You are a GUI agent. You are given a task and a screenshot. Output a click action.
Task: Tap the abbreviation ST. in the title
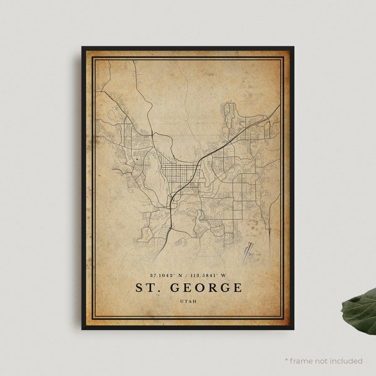point(149,288)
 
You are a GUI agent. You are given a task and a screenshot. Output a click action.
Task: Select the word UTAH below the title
point(188,303)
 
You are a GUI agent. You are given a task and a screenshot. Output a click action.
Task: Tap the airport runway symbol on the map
point(251,249)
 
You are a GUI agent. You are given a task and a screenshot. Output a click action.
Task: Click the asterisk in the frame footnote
point(286,360)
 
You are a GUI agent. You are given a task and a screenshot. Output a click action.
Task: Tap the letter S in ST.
point(139,288)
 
